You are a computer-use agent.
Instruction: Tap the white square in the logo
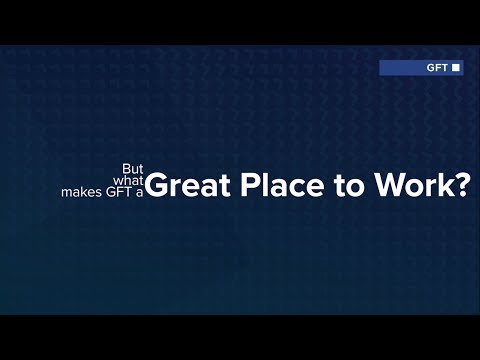tap(456, 68)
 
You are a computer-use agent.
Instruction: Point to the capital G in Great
tap(156, 188)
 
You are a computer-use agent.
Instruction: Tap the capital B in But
tap(124, 169)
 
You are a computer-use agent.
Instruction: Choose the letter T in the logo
tap(445, 68)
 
